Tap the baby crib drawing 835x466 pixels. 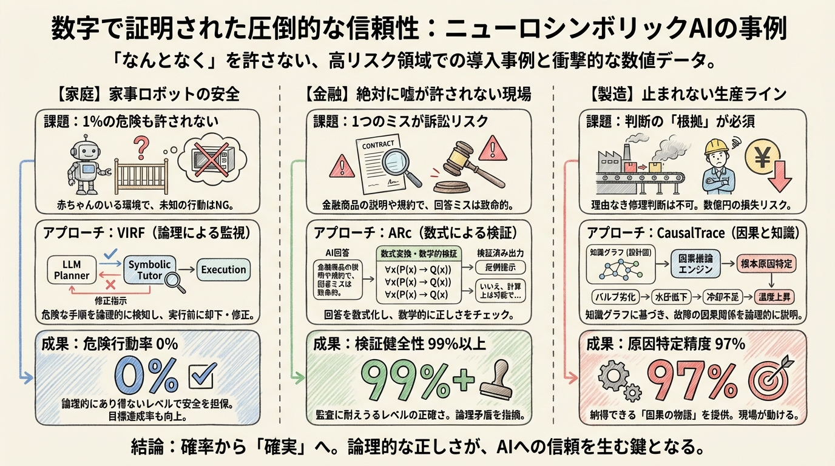141,172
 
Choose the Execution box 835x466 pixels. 223,269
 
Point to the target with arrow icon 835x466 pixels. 769,377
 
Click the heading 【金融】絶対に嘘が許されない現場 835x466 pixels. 417,94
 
